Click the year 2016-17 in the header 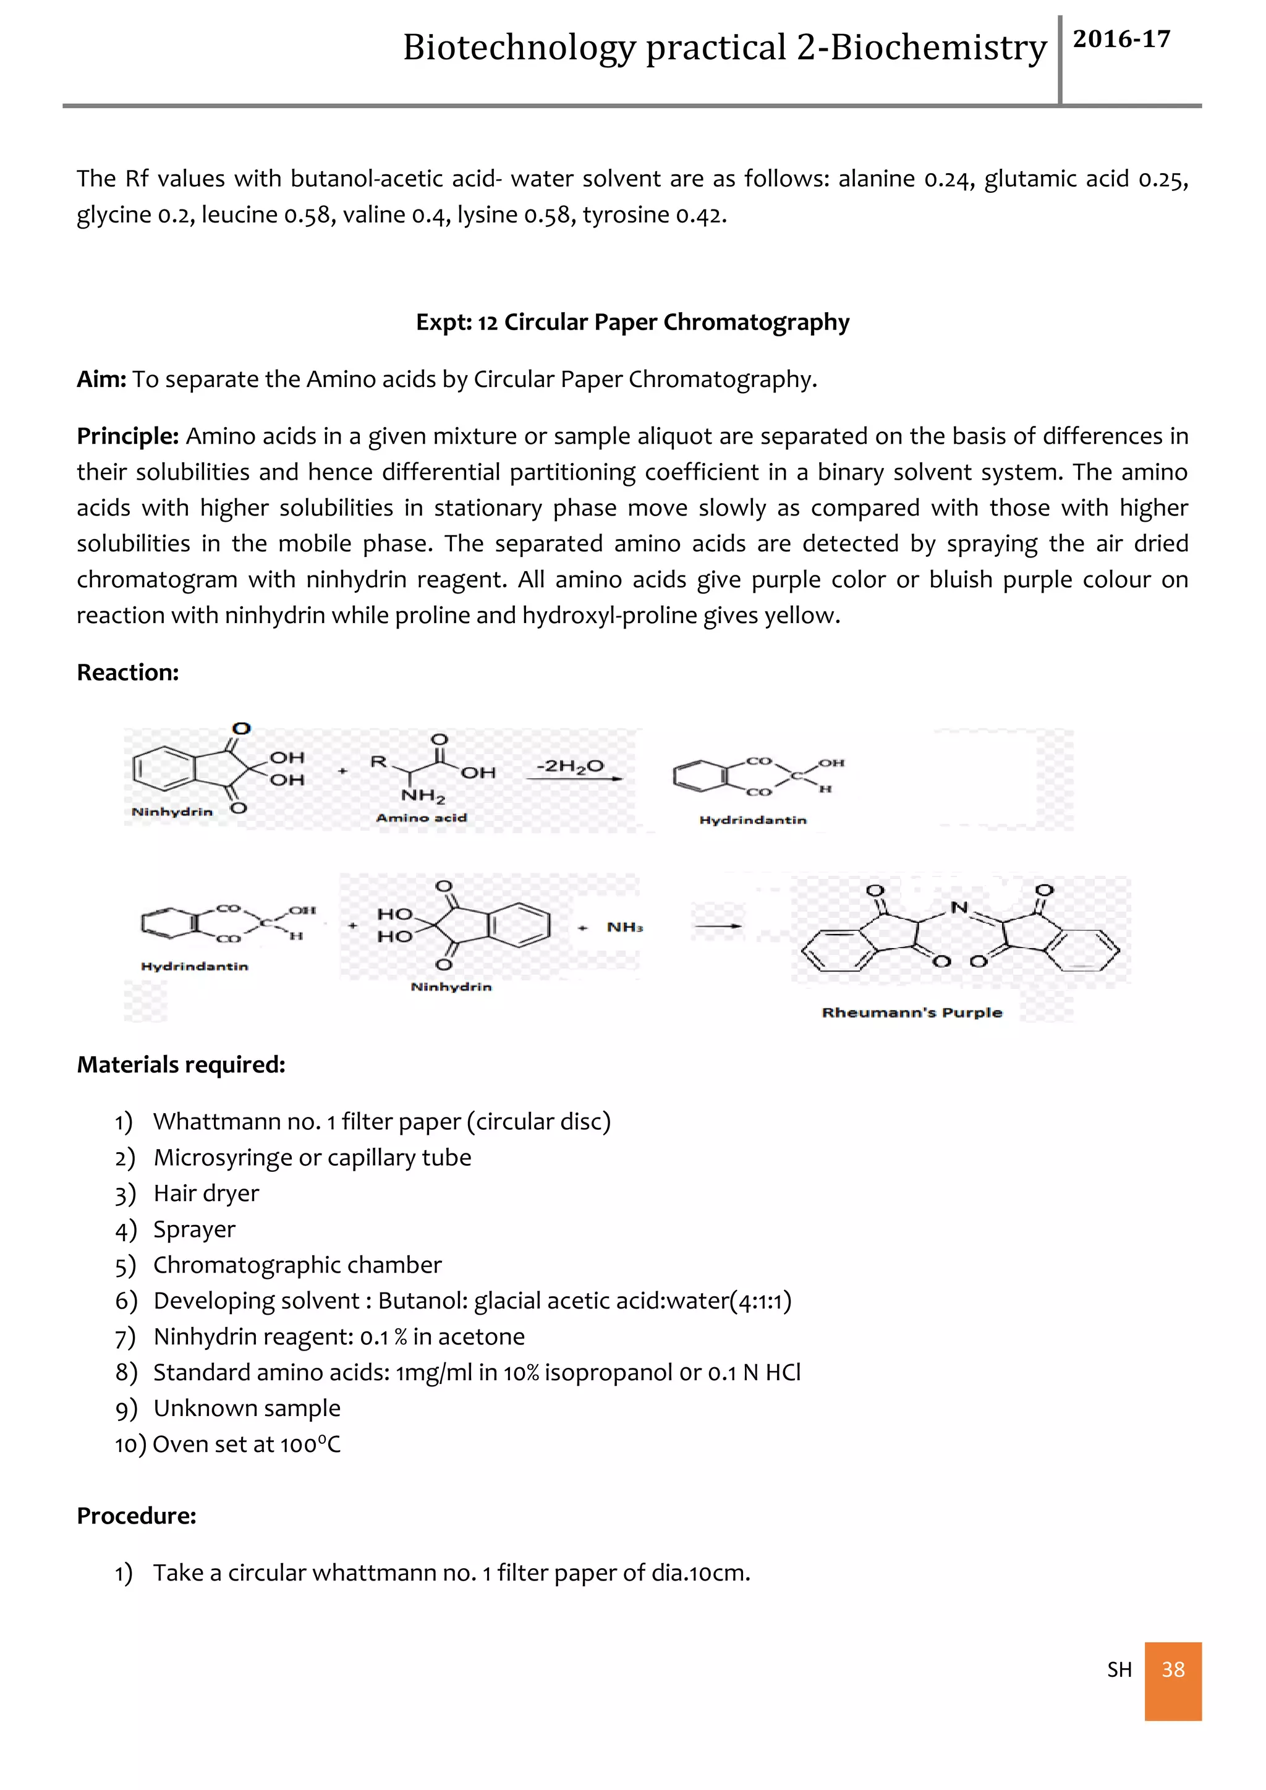click(x=1121, y=40)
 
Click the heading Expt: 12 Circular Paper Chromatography click(x=632, y=322)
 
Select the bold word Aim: click(x=101, y=380)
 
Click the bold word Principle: click(x=128, y=436)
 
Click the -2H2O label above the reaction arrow click(x=570, y=766)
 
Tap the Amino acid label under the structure click(x=421, y=818)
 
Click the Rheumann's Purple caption click(x=911, y=1012)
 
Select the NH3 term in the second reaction click(x=624, y=927)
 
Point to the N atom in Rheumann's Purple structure click(x=959, y=907)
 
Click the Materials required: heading click(x=181, y=1065)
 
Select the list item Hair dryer click(x=206, y=1194)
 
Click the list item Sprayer click(x=194, y=1229)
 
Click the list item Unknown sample click(x=247, y=1409)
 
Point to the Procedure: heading click(x=137, y=1516)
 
